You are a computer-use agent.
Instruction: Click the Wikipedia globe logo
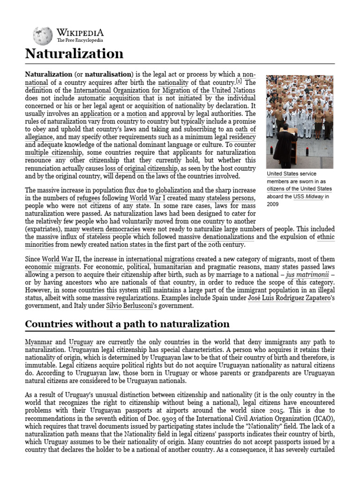click(x=43, y=36)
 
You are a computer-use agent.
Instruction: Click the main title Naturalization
click(x=74, y=53)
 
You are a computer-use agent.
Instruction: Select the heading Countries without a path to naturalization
click(x=127, y=324)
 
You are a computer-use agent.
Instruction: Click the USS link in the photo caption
click(x=299, y=197)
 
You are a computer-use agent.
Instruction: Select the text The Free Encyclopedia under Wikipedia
click(x=80, y=40)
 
